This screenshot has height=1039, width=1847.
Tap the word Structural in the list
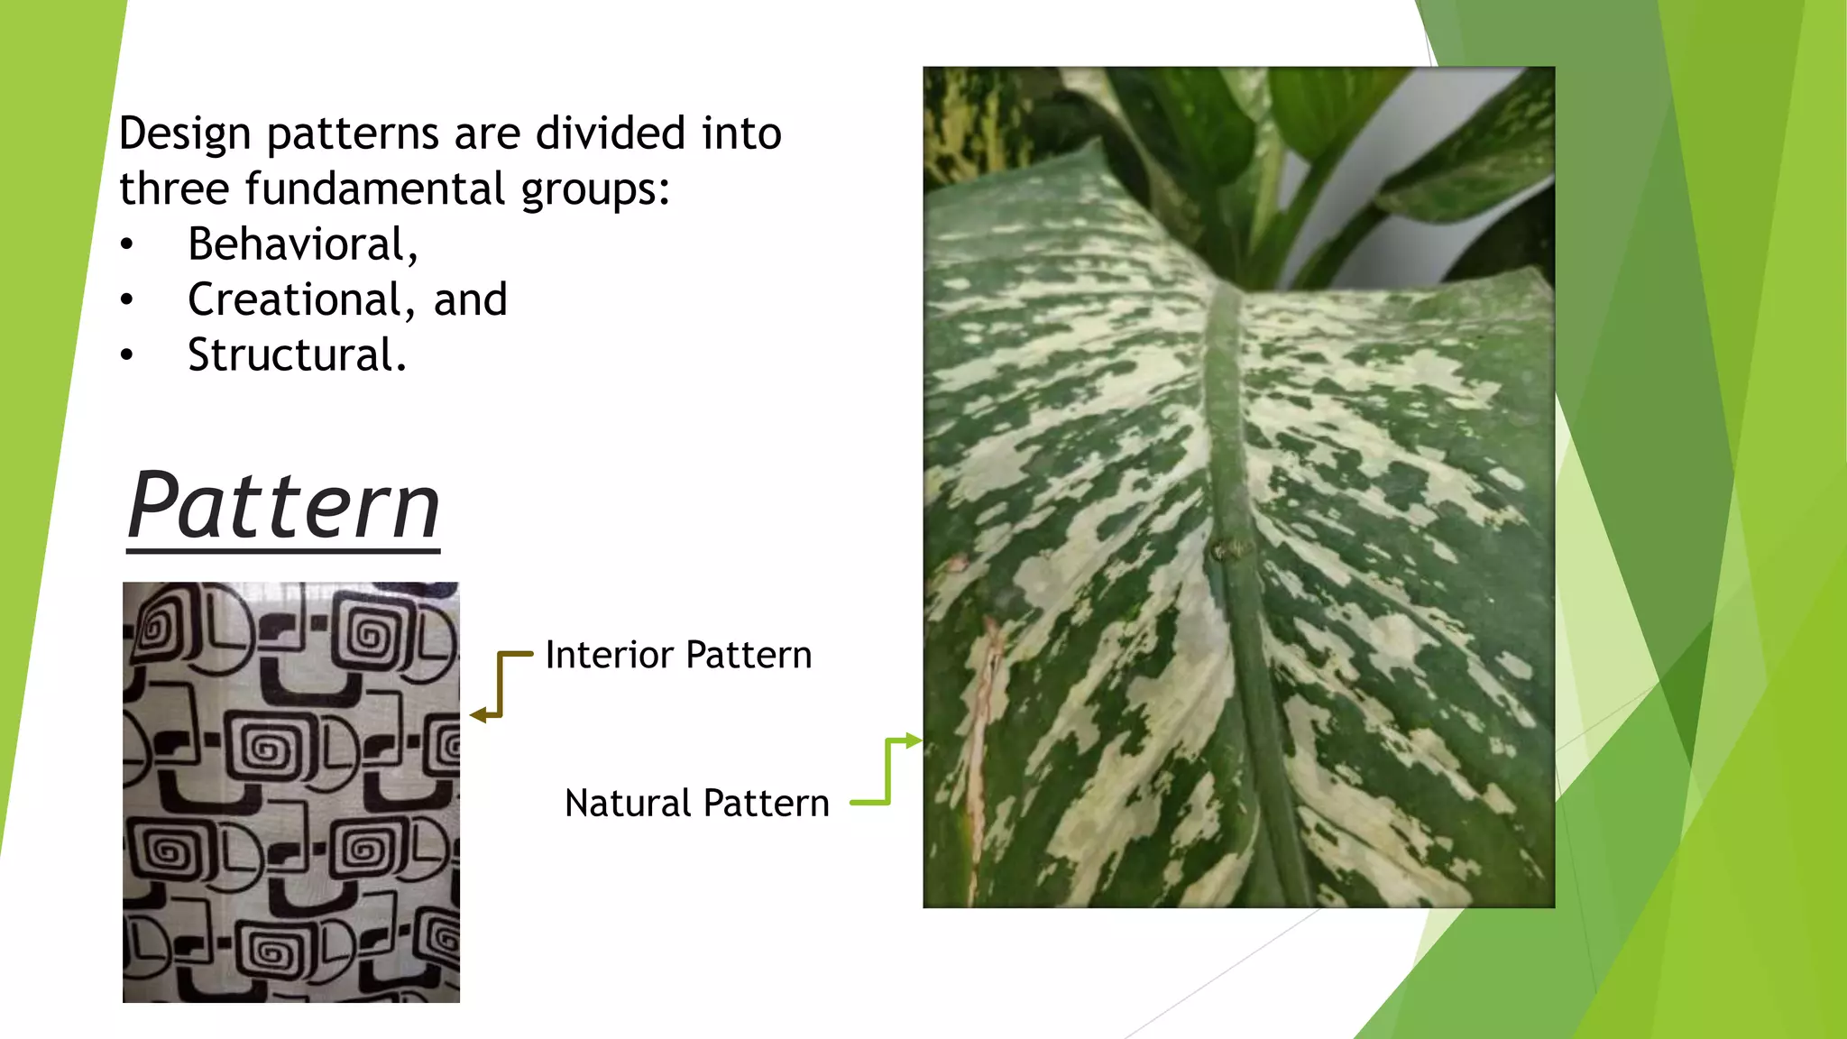pos(297,355)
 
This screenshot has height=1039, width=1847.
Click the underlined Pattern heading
pos(283,506)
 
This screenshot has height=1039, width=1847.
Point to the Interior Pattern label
pos(678,655)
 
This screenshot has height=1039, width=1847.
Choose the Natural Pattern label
pos(696,803)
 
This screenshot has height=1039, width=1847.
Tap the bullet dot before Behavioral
pos(127,244)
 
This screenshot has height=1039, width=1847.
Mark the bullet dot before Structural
pos(127,355)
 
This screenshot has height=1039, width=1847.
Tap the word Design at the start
pos(185,133)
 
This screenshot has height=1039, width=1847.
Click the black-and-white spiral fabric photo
pos(290,792)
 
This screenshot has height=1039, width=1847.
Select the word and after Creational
pos(470,299)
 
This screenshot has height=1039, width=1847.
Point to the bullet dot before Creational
pos(127,299)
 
